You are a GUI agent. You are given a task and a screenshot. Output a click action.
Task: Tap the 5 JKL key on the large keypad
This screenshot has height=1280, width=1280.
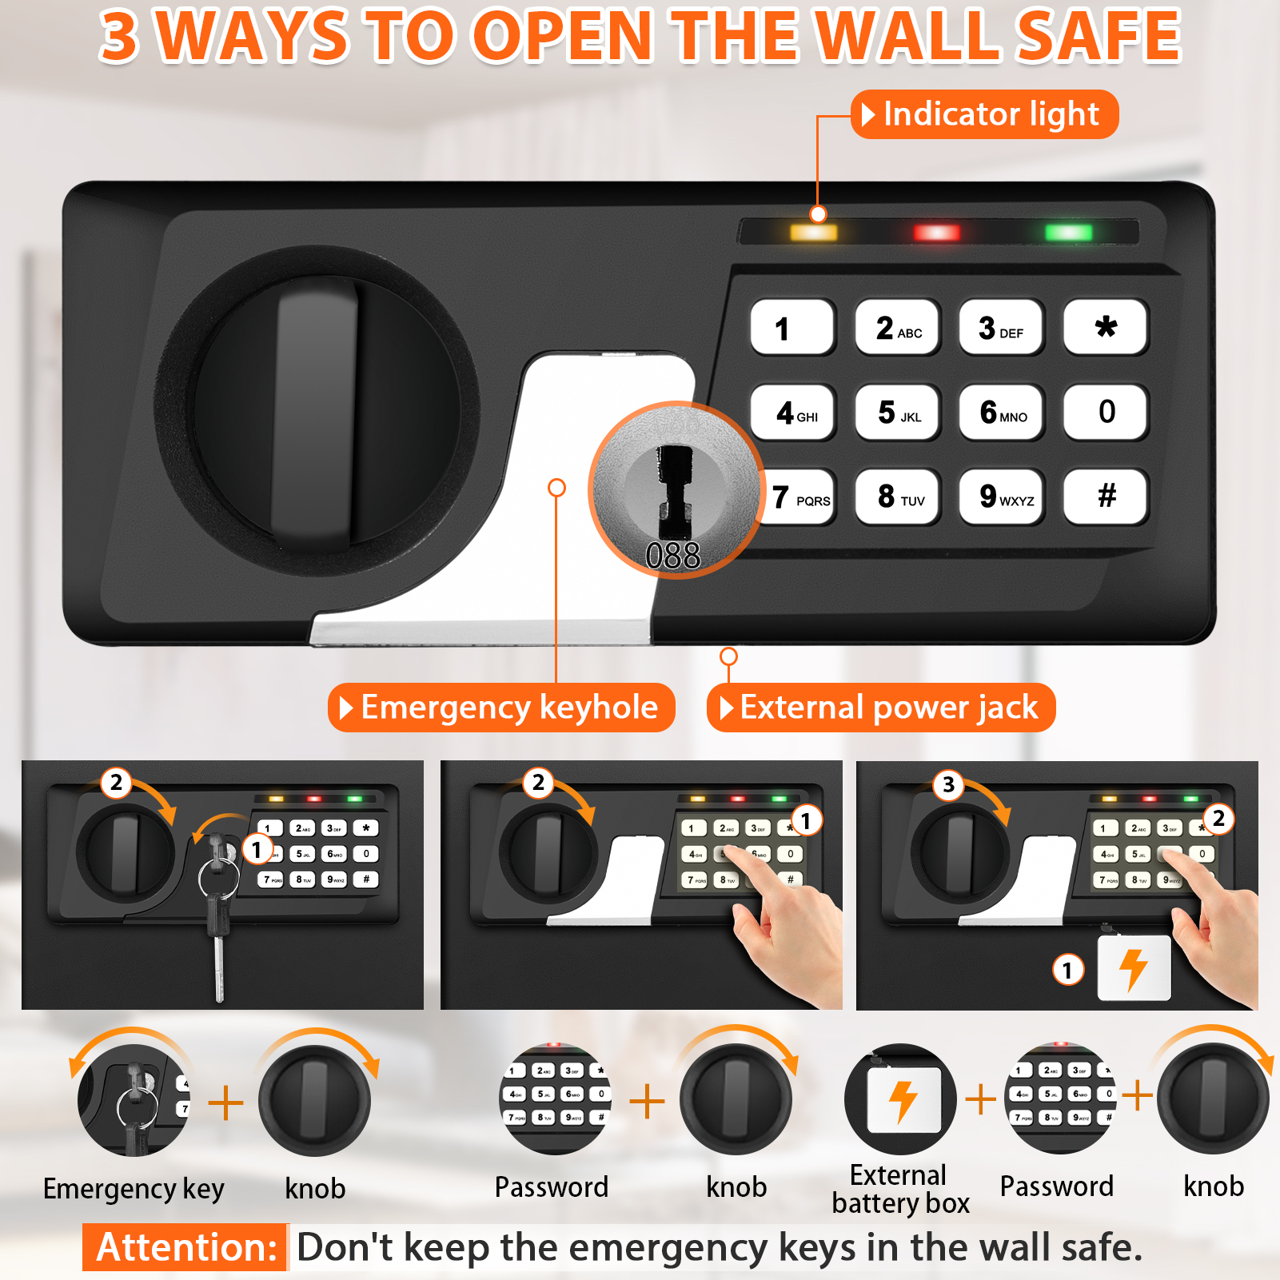pos(898,413)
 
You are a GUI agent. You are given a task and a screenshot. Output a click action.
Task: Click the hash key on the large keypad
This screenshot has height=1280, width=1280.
pos(1106,496)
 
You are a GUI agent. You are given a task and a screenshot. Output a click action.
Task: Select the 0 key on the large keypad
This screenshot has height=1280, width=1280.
pos(1106,413)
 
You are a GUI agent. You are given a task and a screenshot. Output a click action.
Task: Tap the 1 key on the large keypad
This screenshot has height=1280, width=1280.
pos(792,328)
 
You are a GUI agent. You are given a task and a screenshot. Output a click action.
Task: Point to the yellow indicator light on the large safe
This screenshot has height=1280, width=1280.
pos(813,233)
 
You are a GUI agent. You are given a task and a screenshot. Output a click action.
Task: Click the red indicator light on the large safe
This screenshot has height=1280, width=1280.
pos(936,233)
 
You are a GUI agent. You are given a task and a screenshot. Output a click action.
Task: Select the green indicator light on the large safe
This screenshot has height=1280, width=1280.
pos(1068,233)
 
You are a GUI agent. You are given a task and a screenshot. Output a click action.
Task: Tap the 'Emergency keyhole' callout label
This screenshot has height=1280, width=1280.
pos(501,708)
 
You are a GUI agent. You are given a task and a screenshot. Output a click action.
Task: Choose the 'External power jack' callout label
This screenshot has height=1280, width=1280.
pos(881,708)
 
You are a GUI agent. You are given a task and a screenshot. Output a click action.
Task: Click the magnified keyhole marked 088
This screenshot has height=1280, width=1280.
pos(675,489)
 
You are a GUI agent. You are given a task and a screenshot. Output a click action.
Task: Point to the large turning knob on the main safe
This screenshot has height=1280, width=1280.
pos(317,412)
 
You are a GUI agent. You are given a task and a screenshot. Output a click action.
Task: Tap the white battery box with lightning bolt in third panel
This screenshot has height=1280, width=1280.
pos(1134,968)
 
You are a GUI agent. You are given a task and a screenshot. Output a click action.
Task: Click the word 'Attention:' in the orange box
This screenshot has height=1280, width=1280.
pos(185,1247)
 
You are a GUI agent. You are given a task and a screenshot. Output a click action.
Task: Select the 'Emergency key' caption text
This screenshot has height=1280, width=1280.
pos(134,1189)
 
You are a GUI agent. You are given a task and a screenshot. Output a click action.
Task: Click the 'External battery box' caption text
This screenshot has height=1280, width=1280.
pos(899,1190)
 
